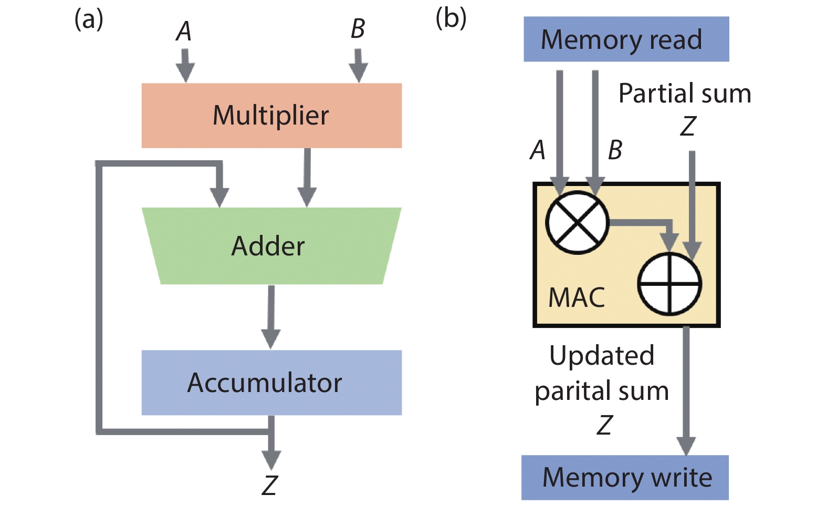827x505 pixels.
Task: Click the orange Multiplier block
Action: tap(271, 116)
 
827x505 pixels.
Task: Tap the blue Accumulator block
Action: tap(271, 383)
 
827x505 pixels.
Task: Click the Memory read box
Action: tap(626, 39)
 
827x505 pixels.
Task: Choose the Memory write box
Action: tap(625, 477)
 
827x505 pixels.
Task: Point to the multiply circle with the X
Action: tap(577, 222)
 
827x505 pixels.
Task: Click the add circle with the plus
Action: tap(669, 284)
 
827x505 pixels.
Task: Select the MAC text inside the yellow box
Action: tap(577, 297)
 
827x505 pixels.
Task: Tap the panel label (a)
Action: tap(88, 19)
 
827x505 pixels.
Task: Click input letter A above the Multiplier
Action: tap(183, 32)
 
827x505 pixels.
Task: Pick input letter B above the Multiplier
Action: tap(358, 29)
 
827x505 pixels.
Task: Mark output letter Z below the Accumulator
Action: tap(270, 485)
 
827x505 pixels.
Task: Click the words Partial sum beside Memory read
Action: tap(685, 94)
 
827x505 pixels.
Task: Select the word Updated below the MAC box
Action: tap(602, 356)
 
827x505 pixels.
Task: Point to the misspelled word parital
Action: tap(571, 391)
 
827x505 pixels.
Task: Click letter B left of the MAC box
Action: tap(615, 150)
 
